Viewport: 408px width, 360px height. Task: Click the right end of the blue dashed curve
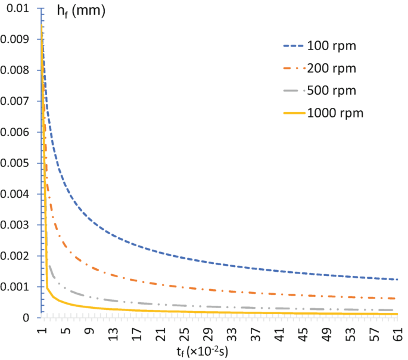[x=397, y=280]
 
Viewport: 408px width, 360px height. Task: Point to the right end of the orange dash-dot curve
[x=397, y=298]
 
